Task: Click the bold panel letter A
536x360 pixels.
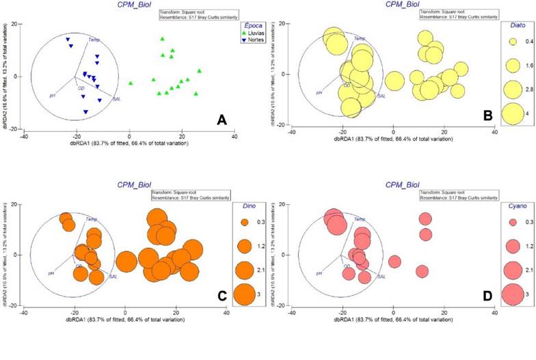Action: click(x=221, y=120)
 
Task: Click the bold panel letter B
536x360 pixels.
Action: click(x=488, y=117)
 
